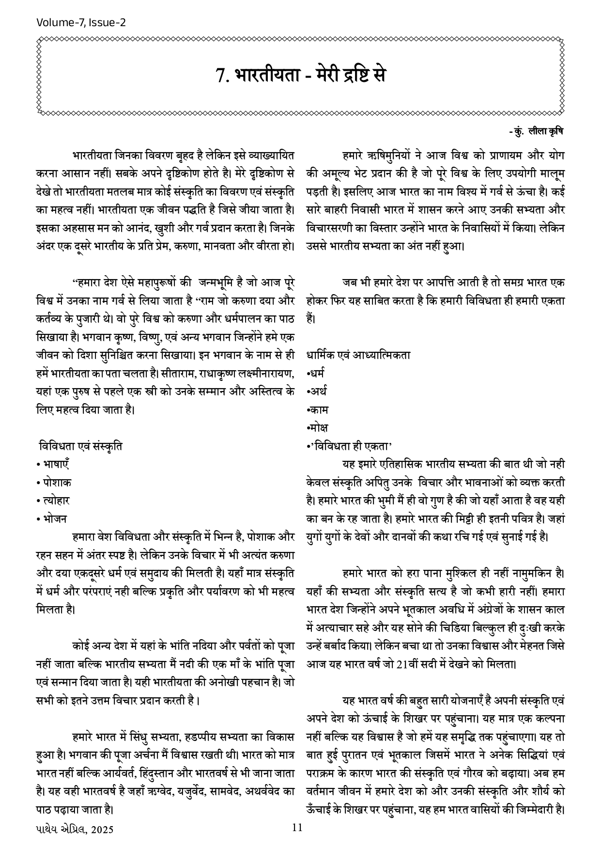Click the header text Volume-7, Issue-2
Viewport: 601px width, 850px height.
coord(81,22)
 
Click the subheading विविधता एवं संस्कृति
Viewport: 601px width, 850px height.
coord(81,445)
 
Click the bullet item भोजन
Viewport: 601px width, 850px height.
coord(55,519)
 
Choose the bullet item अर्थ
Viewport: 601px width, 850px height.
coord(318,391)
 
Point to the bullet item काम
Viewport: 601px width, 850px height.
coord(319,409)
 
